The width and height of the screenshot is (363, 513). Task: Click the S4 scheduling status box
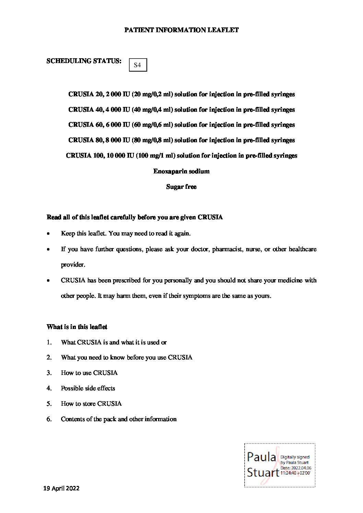click(138, 65)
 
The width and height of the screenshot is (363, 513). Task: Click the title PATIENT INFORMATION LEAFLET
click(181, 30)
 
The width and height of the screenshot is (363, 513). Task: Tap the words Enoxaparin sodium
click(181, 171)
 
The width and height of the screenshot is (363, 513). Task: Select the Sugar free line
click(181, 187)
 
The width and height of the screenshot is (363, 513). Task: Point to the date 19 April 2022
click(61, 488)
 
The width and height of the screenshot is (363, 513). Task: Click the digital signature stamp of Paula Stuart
click(279, 465)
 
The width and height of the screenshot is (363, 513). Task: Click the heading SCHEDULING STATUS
click(84, 61)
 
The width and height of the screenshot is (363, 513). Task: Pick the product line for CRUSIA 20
click(181, 94)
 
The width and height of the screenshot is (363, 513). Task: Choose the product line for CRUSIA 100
click(181, 156)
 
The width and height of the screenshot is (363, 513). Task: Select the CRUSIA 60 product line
click(181, 125)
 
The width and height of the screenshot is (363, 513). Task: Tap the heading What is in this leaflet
click(77, 327)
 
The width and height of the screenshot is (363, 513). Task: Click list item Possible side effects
click(88, 388)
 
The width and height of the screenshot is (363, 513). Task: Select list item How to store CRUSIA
click(91, 404)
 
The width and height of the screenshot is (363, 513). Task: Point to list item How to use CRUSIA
click(89, 373)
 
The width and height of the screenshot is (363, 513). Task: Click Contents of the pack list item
click(119, 419)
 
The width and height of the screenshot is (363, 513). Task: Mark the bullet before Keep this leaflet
click(49, 234)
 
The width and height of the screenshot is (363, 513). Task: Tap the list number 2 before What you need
click(49, 357)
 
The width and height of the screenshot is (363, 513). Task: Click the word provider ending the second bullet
click(72, 265)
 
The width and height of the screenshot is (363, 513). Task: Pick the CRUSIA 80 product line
click(181, 140)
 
